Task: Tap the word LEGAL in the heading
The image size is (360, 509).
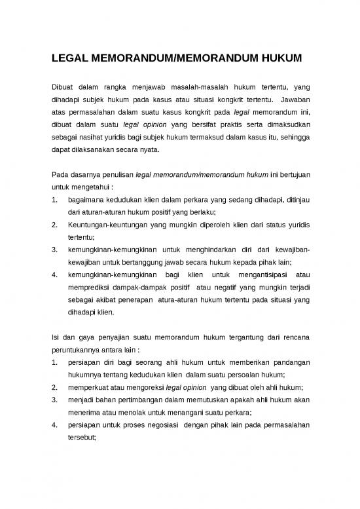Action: click(70, 60)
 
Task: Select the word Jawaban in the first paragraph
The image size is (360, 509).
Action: click(293, 101)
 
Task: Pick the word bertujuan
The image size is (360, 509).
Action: click(291, 176)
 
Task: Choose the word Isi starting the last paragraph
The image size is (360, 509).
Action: click(55, 337)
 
